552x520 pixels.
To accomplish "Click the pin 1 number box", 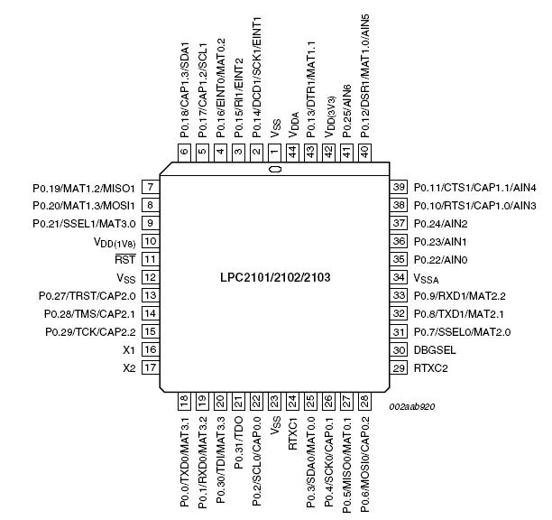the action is [x=274, y=153].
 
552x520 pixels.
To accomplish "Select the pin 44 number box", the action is [x=292, y=153].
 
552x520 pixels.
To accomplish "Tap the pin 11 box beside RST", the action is [x=151, y=259].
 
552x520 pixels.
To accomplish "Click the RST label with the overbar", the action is [x=125, y=259].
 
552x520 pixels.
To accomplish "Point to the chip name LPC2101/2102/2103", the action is [x=275, y=278].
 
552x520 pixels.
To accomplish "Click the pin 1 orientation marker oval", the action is [x=275, y=170].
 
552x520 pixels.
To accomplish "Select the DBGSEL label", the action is [x=435, y=350].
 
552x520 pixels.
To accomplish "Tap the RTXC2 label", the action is [x=431, y=368].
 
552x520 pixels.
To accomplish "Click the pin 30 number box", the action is [x=399, y=350].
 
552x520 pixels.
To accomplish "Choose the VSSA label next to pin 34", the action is [x=427, y=278].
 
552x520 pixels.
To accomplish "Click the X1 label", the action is [x=129, y=350].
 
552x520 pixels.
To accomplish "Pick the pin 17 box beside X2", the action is [x=151, y=367].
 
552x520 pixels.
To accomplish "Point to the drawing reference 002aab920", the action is [x=412, y=406].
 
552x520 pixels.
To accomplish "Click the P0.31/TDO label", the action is [x=238, y=443].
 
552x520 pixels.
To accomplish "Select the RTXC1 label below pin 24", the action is [x=292, y=433].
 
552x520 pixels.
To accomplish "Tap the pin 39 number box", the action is [x=399, y=187].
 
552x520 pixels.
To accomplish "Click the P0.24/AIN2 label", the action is [x=441, y=224].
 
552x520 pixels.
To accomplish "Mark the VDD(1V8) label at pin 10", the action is [x=115, y=242].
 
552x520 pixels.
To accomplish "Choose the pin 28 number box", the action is [x=364, y=401].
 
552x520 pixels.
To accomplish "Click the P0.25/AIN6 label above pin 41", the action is [x=346, y=111].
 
